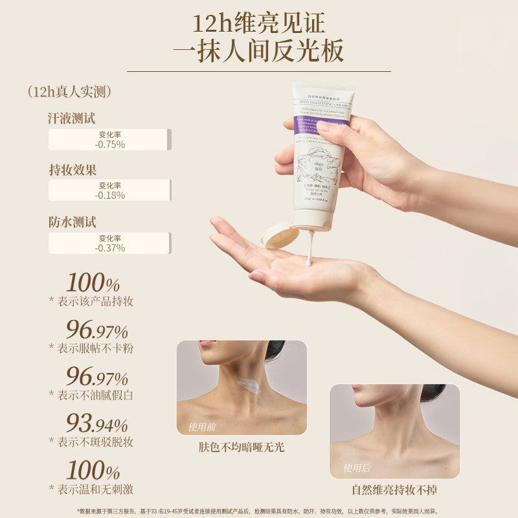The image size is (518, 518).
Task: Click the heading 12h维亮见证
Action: (259, 24)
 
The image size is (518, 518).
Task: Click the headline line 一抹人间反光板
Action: (259, 51)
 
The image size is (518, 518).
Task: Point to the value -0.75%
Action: (109, 144)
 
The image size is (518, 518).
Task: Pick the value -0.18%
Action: (109, 195)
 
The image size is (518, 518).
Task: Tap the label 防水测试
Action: (72, 221)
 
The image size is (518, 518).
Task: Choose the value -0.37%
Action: (109, 248)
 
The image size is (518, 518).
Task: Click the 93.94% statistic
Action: (97, 423)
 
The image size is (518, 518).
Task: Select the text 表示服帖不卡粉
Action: (93, 348)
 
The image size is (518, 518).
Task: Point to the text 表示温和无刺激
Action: (93, 489)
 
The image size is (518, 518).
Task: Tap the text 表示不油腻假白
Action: (93, 395)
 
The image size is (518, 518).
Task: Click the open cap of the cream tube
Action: (281, 235)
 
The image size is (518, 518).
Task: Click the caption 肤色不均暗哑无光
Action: (242, 447)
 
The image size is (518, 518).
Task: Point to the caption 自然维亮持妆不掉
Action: (394, 490)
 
